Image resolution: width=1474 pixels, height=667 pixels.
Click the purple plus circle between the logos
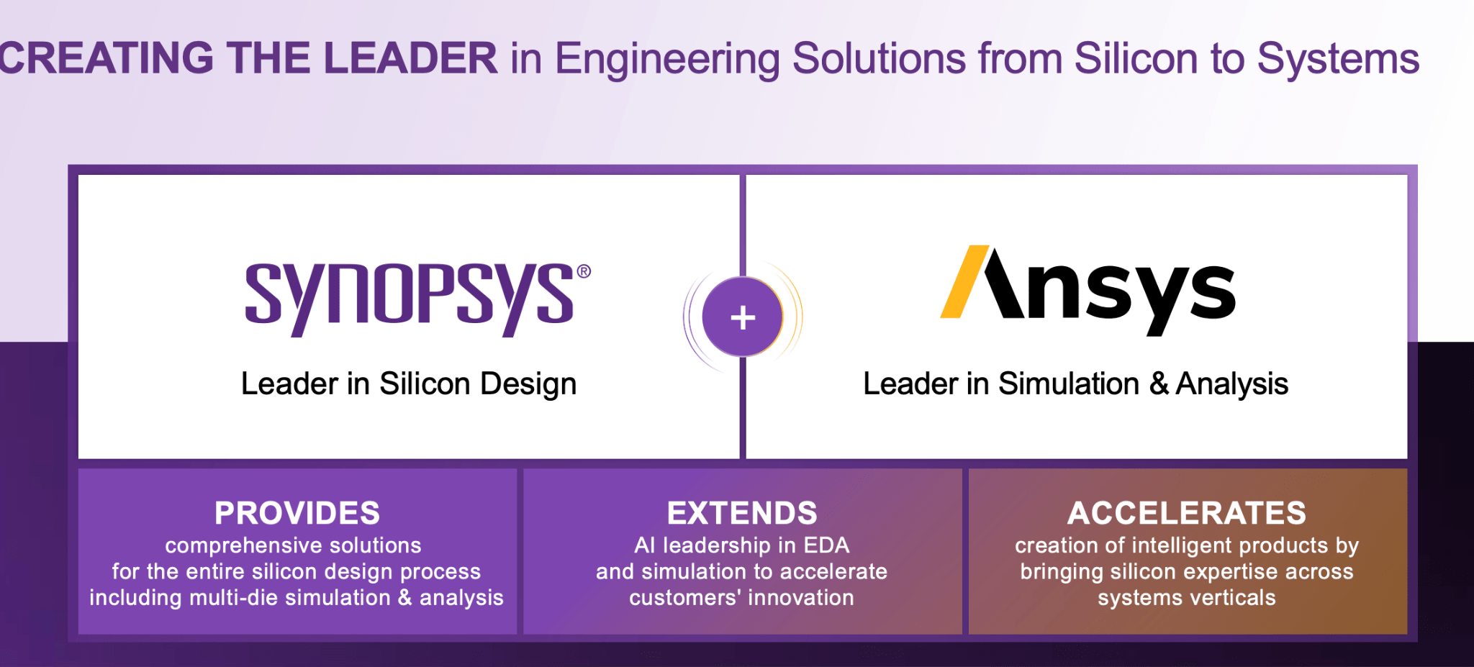point(742,317)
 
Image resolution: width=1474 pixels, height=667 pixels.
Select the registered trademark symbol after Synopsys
point(584,271)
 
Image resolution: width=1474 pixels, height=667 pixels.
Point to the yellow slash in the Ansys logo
point(964,282)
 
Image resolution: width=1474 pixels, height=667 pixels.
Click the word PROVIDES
point(297,513)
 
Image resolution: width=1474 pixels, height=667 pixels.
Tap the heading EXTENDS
point(742,513)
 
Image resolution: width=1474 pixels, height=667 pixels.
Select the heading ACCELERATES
point(1186,513)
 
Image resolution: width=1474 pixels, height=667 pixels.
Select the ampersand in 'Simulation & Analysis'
point(1159,384)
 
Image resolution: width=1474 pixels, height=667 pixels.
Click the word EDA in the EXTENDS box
point(826,545)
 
